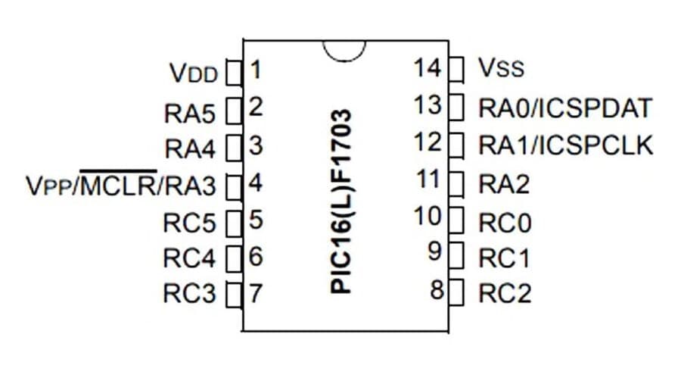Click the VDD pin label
pyautogui.click(x=193, y=73)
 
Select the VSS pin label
pyautogui.click(x=501, y=67)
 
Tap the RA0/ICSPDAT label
pyautogui.click(x=565, y=108)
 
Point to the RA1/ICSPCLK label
pyautogui.click(x=566, y=145)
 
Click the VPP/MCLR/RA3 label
pyautogui.click(x=121, y=184)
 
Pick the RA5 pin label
pyautogui.click(x=190, y=114)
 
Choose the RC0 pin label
pyautogui.click(x=505, y=223)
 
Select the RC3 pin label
pyautogui.click(x=189, y=293)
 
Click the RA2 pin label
pyautogui.click(x=504, y=184)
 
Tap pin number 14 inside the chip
pyautogui.click(x=428, y=68)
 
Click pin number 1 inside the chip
pyautogui.click(x=256, y=70)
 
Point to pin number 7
pyautogui.click(x=256, y=293)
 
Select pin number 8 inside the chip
pyautogui.click(x=437, y=289)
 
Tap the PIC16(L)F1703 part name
pyautogui.click(x=341, y=201)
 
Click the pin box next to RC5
pyautogui.click(x=234, y=223)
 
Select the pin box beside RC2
pyautogui.click(x=456, y=292)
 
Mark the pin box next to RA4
pyautogui.click(x=234, y=148)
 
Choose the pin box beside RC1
pyautogui.click(x=456, y=255)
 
